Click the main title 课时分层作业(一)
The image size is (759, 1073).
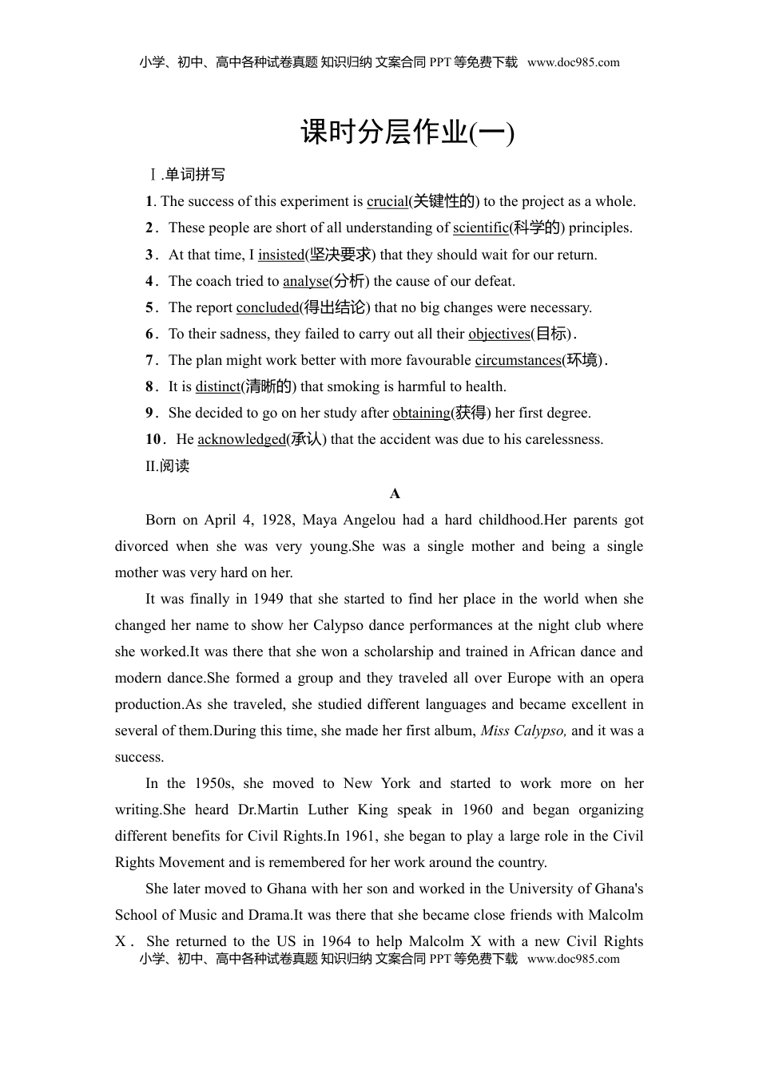point(407,133)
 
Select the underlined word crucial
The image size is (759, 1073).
point(387,201)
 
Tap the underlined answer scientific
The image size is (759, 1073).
point(480,228)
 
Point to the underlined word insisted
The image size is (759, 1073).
point(280,255)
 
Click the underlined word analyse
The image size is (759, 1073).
point(305,281)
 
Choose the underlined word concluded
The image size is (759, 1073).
point(267,307)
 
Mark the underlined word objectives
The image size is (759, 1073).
point(499,334)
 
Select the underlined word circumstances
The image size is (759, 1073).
point(518,360)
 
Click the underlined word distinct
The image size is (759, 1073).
point(217,386)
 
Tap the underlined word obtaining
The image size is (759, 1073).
point(421,413)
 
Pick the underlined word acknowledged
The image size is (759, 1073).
point(241,439)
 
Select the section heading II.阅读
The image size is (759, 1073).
point(167,466)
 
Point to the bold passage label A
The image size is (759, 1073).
point(395,493)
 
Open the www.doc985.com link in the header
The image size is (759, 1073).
point(573,62)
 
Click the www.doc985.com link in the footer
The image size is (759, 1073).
point(573,959)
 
